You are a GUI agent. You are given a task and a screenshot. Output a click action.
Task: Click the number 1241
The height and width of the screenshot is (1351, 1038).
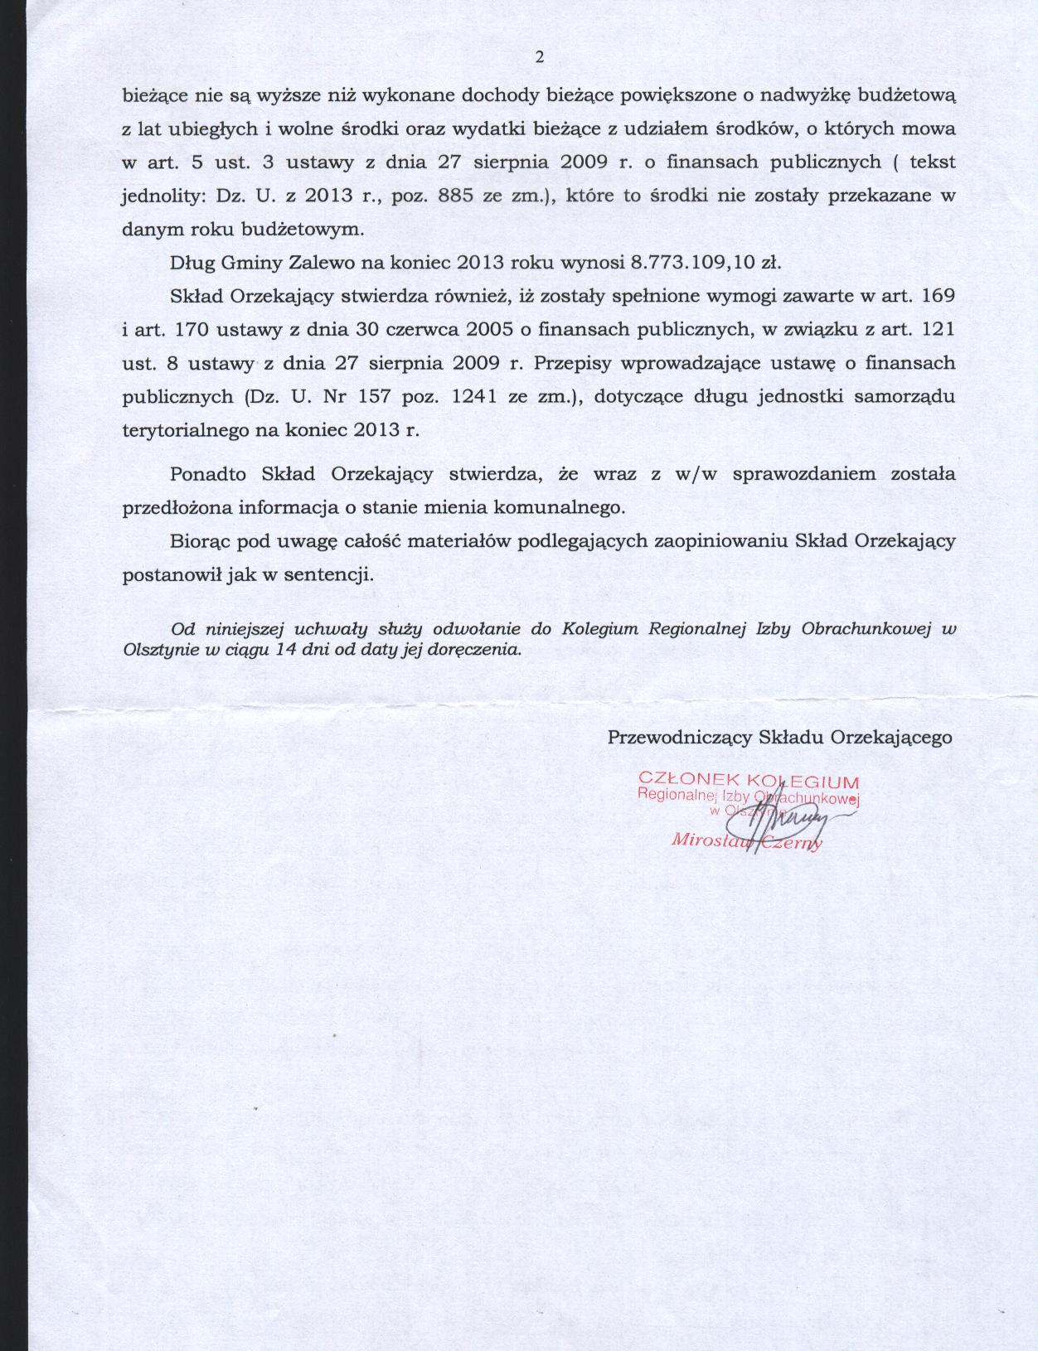473,396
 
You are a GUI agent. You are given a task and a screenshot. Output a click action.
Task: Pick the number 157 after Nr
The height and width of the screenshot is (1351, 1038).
375,396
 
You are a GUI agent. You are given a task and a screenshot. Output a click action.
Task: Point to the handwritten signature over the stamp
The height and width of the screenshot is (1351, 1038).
779,816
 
